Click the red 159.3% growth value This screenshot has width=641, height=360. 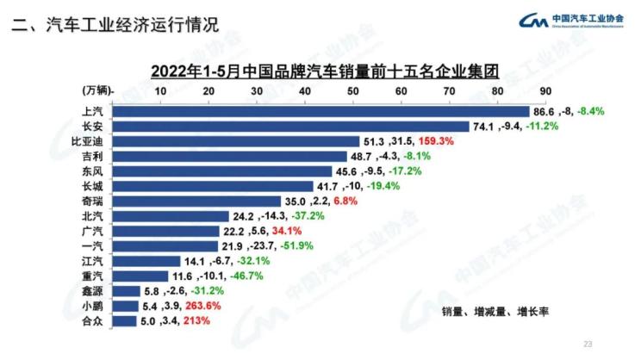click(x=437, y=141)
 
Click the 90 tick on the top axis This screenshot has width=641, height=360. click(x=545, y=90)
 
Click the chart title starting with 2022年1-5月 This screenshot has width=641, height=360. click(x=325, y=69)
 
